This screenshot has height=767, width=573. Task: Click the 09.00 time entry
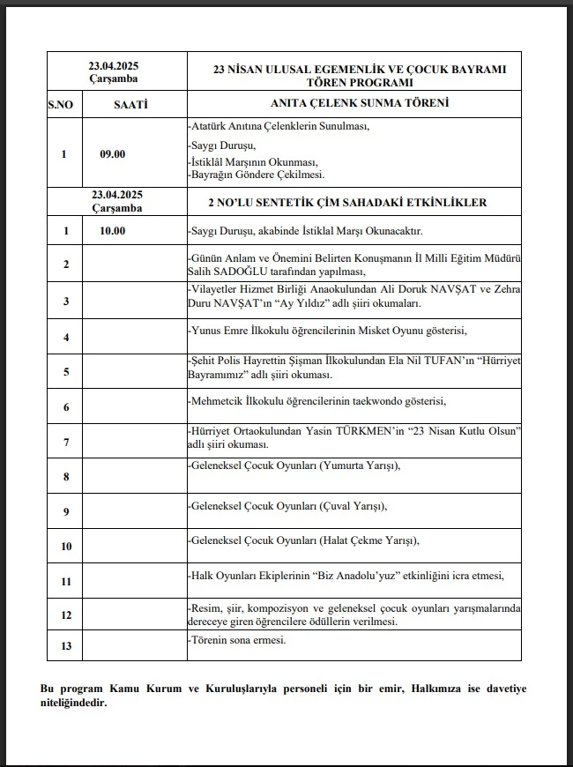pyautogui.click(x=113, y=154)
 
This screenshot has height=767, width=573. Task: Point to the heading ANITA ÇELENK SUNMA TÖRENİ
pyautogui.click(x=353, y=103)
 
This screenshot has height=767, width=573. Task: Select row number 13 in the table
pyautogui.click(x=64, y=646)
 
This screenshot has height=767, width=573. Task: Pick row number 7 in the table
pyautogui.click(x=64, y=442)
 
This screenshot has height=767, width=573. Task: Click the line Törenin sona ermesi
pyautogui.click(x=238, y=640)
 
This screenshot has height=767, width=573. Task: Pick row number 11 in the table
pyautogui.click(x=64, y=582)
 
